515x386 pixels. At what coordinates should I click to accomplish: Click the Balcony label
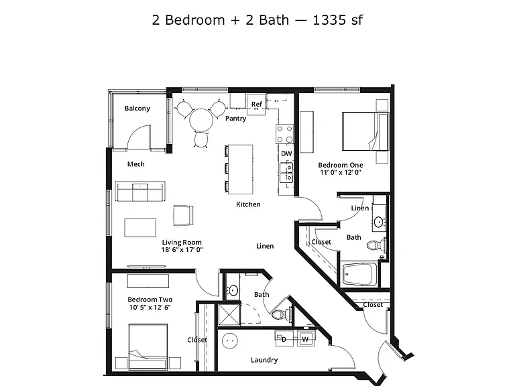pos(137,109)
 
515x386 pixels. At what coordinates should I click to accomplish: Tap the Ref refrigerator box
pos(256,105)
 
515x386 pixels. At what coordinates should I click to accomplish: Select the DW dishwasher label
pos(286,153)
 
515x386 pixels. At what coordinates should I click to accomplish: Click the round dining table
pos(201,120)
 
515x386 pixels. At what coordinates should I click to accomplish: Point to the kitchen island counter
pos(241,170)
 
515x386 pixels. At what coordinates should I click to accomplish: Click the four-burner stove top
pos(284,134)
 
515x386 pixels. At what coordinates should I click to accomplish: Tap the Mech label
pos(136,164)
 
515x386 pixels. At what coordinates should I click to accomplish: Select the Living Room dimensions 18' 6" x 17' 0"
pos(182,250)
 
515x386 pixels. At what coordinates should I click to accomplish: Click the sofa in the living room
pos(140,191)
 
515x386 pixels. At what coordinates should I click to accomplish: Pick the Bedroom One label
pos(341,165)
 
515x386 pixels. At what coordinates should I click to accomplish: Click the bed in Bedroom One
pos(365,131)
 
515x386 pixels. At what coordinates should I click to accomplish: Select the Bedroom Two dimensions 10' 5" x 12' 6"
pos(150,308)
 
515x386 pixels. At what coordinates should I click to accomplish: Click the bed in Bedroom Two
pos(148,346)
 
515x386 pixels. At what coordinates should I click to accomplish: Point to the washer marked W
pos(306,338)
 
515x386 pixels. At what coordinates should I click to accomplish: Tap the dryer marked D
pos(284,338)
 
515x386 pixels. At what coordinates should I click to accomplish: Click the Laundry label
pos(264,360)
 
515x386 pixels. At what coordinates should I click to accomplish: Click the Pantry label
pos(236,119)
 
